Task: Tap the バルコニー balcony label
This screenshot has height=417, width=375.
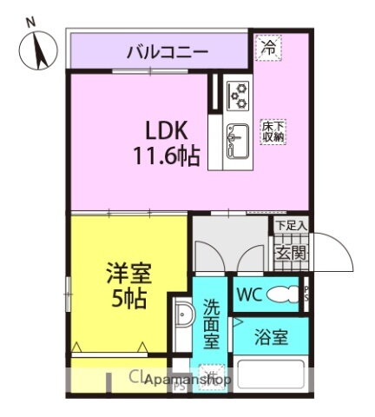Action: (168, 51)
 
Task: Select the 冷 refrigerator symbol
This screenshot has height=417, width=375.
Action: (269, 48)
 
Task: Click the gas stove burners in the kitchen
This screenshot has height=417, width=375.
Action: (237, 92)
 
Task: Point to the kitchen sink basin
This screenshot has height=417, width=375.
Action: (236, 136)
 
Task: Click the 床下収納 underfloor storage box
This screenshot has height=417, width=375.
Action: (273, 133)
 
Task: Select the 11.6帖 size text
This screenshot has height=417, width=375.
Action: (167, 157)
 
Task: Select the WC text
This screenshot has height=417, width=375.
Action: (248, 294)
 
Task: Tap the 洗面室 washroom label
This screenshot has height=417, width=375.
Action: (212, 324)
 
